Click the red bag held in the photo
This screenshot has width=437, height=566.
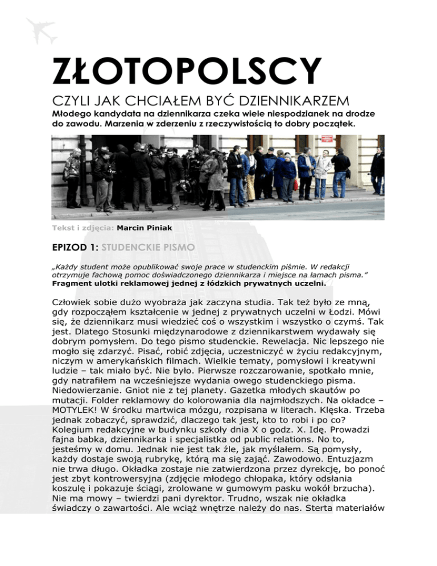point(296,184)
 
